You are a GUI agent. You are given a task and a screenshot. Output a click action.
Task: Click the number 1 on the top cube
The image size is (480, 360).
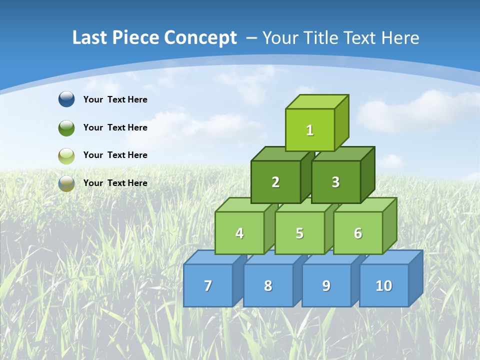click(309, 130)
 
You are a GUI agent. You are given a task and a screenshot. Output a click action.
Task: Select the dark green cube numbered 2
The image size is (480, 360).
click(275, 182)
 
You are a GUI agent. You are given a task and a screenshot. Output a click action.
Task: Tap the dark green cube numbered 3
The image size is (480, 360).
click(335, 182)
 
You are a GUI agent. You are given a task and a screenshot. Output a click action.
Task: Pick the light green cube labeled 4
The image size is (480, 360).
click(239, 233)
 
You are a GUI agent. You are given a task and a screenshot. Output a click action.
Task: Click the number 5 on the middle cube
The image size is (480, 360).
click(299, 233)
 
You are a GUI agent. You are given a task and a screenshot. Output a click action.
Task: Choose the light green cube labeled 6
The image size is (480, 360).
click(357, 233)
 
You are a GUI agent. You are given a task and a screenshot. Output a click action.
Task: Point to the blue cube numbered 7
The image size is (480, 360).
click(208, 285)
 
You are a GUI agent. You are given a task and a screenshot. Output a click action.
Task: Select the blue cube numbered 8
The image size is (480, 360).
click(268, 285)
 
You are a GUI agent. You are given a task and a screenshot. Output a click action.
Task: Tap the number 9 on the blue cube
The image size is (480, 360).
click(326, 285)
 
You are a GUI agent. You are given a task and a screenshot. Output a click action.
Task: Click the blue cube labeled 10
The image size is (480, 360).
click(383, 285)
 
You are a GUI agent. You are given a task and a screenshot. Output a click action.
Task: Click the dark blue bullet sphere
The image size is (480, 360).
click(66, 99)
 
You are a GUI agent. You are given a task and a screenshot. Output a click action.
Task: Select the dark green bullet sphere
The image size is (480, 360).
click(66, 127)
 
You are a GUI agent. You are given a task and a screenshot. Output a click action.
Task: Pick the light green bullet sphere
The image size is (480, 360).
click(66, 155)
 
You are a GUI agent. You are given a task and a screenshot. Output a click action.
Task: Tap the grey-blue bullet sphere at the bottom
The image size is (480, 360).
click(66, 183)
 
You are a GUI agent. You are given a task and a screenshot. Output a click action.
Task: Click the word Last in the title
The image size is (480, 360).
click(90, 37)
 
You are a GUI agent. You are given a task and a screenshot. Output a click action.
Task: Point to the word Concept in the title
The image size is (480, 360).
click(200, 37)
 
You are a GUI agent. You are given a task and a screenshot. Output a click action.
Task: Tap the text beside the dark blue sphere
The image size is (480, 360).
click(115, 99)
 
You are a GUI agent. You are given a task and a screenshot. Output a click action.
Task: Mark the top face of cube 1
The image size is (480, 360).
click(317, 101)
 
